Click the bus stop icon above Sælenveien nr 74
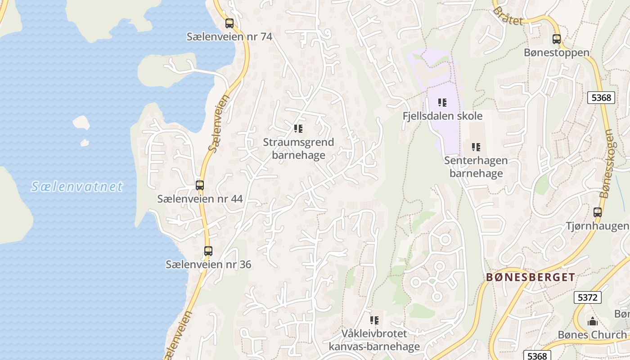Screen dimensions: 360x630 coord(229,23)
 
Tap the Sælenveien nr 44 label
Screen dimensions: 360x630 coord(200,198)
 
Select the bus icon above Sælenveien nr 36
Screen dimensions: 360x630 coord(208,251)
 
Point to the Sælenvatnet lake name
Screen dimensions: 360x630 coord(77,187)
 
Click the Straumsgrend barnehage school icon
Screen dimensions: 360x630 coord(298,129)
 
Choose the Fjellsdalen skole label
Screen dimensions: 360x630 coord(442,116)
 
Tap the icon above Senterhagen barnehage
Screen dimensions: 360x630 coord(476,147)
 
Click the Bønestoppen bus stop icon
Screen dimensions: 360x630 coord(557,39)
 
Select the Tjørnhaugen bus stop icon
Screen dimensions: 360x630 coord(598,212)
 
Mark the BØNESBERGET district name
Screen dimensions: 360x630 coord(530,277)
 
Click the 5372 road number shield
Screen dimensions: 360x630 coord(588,297)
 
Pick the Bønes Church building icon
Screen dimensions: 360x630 coord(592,321)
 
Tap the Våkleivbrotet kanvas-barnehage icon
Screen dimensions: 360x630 coord(374,320)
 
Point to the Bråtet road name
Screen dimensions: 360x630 coord(508,15)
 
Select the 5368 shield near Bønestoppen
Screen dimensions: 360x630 coord(601,98)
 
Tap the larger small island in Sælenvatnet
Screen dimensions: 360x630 coord(81,122)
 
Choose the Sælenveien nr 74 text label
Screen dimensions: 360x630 coord(229,37)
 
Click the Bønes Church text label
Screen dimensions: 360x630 coord(592,335)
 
